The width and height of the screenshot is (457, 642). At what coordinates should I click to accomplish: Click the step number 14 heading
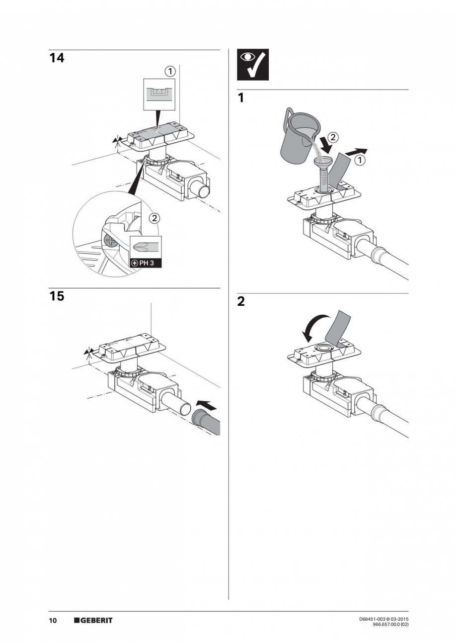(x=57, y=58)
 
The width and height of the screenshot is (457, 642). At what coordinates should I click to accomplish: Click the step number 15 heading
(x=57, y=296)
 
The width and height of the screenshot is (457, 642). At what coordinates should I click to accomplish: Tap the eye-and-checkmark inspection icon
(x=252, y=65)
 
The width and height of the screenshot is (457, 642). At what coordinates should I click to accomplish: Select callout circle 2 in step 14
(x=154, y=217)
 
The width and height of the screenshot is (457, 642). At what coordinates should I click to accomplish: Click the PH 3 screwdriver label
(x=146, y=262)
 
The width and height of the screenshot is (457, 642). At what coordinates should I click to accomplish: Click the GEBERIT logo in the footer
(x=93, y=621)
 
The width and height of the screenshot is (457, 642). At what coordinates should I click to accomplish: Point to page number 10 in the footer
(x=53, y=621)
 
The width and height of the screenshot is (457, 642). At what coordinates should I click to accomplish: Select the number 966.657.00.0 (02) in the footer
(x=390, y=625)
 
